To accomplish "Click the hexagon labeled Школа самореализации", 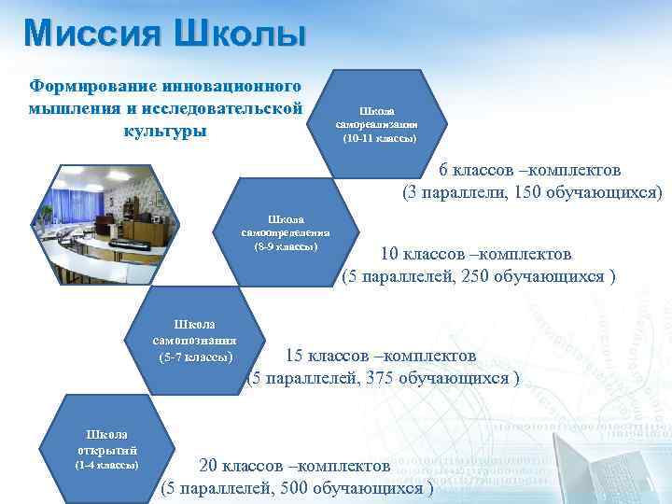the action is pyautogui.click(x=378, y=121).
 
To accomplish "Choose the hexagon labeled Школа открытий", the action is pyautogui.click(x=106, y=446).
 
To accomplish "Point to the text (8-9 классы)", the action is pyautogui.click(x=286, y=246).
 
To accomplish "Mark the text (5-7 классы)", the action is pyautogui.click(x=196, y=357).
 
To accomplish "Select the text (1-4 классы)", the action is pyautogui.click(x=106, y=464).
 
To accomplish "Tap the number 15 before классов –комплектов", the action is pyautogui.click(x=295, y=356).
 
